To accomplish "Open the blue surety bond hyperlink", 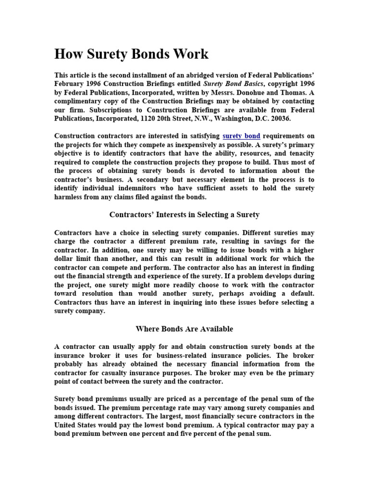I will tap(241, 136).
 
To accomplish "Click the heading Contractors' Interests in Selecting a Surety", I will tap(184, 215).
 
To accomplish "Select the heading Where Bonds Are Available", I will tap(184, 329).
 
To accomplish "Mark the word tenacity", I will tap(298, 153).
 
